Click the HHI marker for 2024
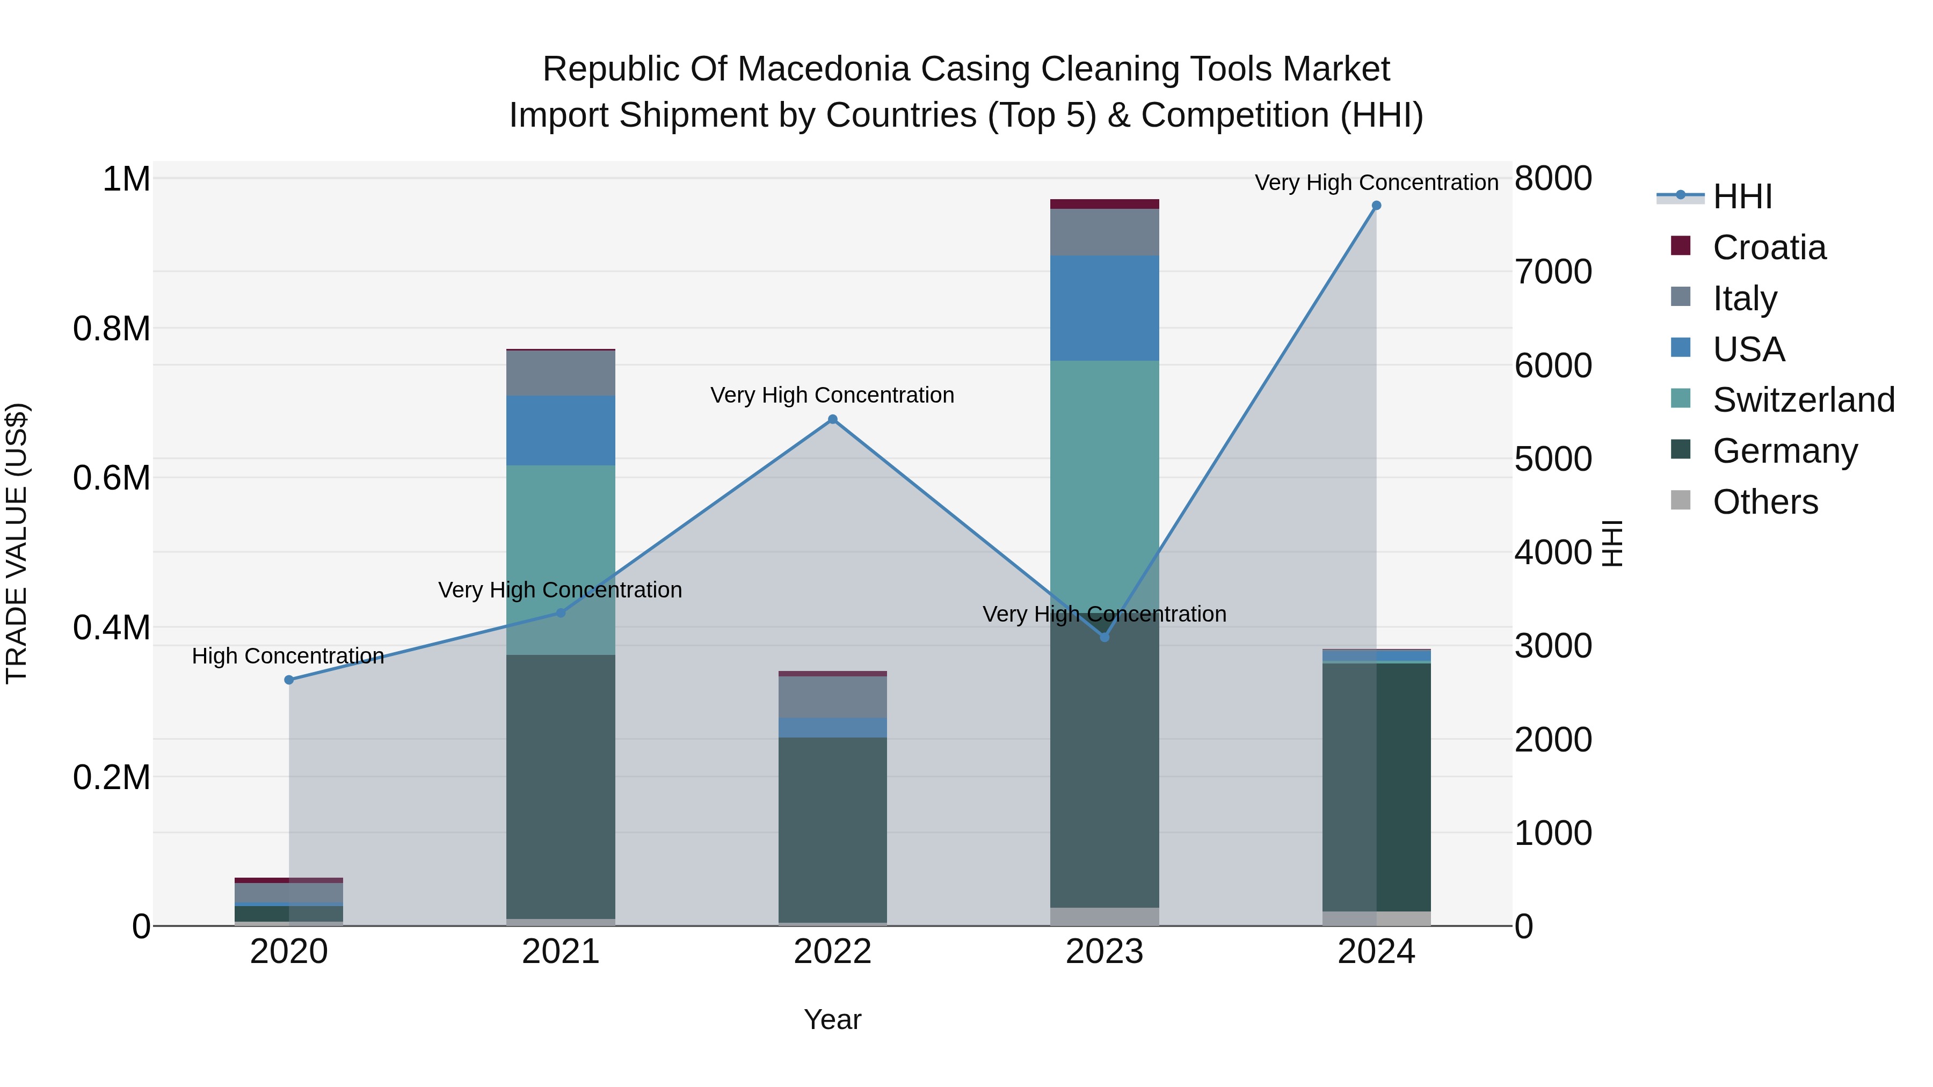click(1376, 206)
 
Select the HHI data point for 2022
click(832, 419)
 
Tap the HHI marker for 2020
click(289, 680)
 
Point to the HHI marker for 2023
click(1104, 637)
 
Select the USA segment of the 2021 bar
click(561, 431)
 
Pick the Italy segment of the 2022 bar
click(832, 697)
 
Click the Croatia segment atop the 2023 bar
click(1104, 204)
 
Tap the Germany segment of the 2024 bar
click(1376, 787)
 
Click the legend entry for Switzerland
click(1803, 400)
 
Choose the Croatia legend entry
click(1769, 247)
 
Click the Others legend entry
click(1765, 502)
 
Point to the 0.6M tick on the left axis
click(112, 478)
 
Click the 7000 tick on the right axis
click(1552, 272)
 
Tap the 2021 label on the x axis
click(561, 952)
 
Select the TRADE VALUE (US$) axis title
click(17, 543)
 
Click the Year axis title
click(832, 1019)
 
